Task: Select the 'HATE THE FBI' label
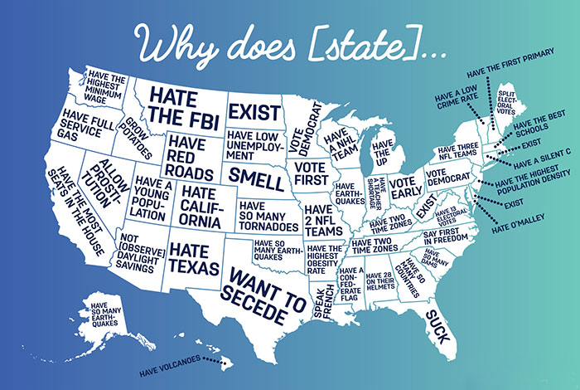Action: pyautogui.click(x=183, y=107)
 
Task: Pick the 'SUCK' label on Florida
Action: pyautogui.click(x=437, y=324)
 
